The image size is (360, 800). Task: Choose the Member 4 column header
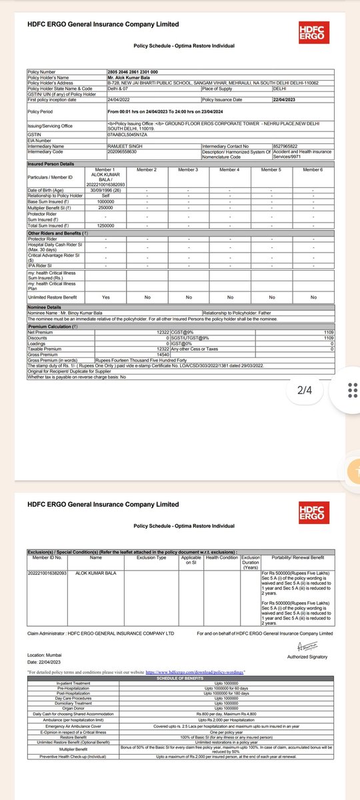coord(229,169)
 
